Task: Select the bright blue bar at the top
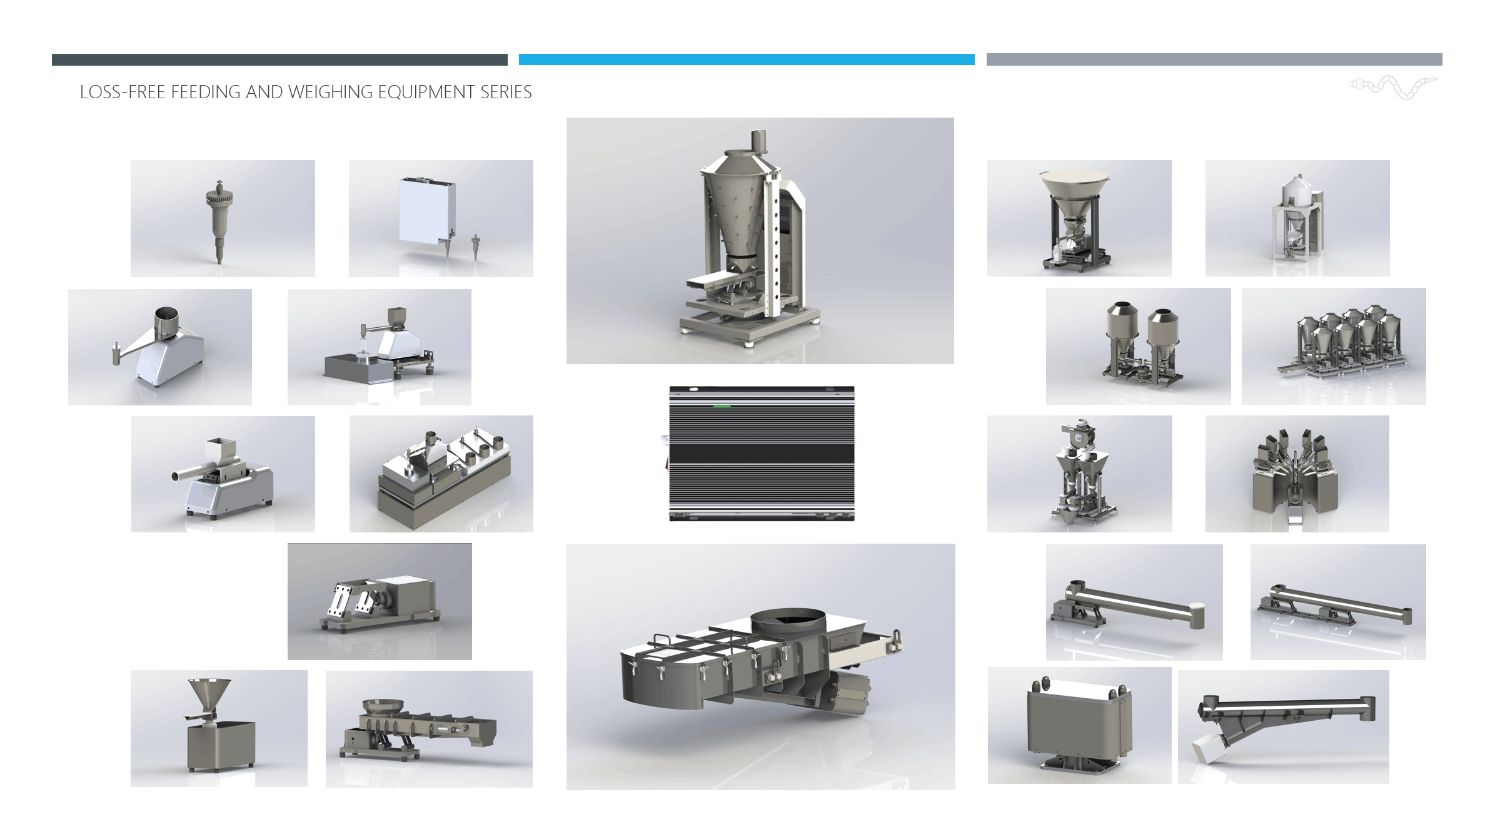click(x=747, y=59)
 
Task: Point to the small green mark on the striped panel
click(x=722, y=405)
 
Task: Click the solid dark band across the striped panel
click(x=762, y=453)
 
